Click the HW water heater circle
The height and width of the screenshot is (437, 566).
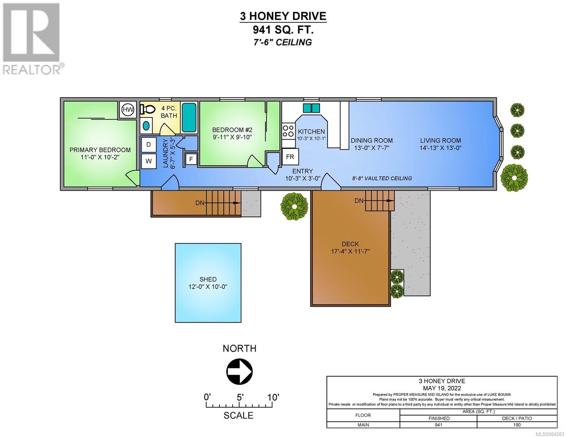point(128,110)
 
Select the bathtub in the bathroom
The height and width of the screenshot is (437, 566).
point(189,117)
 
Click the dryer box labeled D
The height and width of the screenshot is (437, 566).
point(149,145)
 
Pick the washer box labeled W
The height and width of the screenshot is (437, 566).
point(149,161)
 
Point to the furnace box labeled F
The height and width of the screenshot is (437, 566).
point(191,159)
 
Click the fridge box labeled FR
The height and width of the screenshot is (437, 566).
point(290,157)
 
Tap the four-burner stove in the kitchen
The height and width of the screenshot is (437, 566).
point(288,131)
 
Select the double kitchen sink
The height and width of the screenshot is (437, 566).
point(311,108)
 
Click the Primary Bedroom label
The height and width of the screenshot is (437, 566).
point(100,150)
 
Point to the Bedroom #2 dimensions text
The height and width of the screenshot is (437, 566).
point(232,137)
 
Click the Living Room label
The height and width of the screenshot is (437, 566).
point(441,141)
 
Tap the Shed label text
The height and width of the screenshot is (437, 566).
point(208,279)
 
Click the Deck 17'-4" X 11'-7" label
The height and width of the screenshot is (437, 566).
point(350,248)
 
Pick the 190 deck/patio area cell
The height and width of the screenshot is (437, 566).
point(517,425)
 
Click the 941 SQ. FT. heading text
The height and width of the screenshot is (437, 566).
point(283,30)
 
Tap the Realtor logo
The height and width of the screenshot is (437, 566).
point(31,39)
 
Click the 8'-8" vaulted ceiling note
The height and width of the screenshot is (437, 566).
point(382,178)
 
